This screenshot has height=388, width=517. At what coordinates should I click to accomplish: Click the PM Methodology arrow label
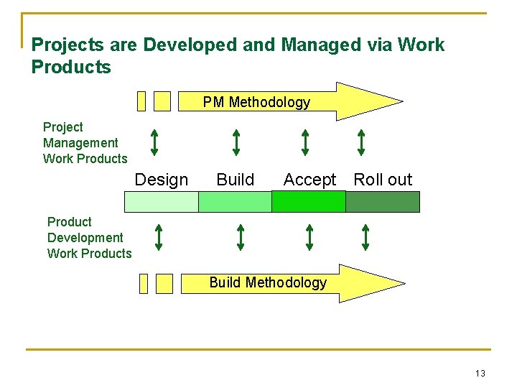[x=256, y=102]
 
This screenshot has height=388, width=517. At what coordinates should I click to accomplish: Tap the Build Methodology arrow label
[x=267, y=282]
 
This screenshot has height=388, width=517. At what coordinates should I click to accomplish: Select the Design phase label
[x=162, y=180]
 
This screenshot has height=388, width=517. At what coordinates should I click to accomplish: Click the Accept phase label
[x=309, y=180]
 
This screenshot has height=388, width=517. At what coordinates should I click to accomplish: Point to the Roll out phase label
[x=383, y=180]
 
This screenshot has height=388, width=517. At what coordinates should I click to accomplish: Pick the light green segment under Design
[x=161, y=202]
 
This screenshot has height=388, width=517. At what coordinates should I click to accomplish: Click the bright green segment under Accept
[x=309, y=202]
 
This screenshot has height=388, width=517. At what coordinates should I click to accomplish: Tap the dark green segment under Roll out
[x=383, y=202]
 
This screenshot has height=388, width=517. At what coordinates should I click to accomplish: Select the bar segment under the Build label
[x=235, y=202]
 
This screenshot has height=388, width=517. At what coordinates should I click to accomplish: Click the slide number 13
[x=480, y=373]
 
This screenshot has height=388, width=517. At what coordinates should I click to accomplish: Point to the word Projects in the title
[x=68, y=45]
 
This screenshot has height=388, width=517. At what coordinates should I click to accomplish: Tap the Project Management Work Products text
[x=85, y=143]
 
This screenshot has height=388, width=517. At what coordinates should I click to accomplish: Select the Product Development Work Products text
[x=89, y=238]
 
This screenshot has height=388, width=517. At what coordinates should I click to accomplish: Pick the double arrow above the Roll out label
[x=361, y=142]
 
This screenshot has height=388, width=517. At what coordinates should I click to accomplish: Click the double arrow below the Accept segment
[x=309, y=237]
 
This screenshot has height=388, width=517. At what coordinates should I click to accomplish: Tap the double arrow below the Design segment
[x=159, y=237]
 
